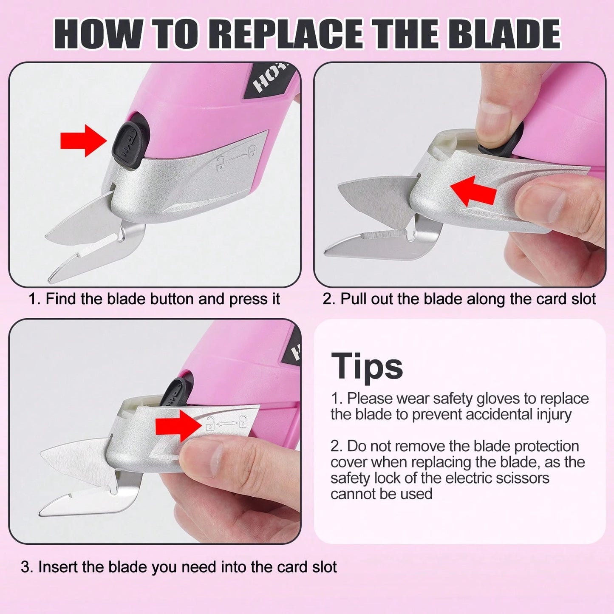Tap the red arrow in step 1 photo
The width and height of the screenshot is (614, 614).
point(83,141)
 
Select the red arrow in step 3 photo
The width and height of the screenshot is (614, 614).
point(179,426)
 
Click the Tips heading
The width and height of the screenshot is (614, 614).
point(367,366)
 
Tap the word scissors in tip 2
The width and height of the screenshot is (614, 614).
point(519,478)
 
